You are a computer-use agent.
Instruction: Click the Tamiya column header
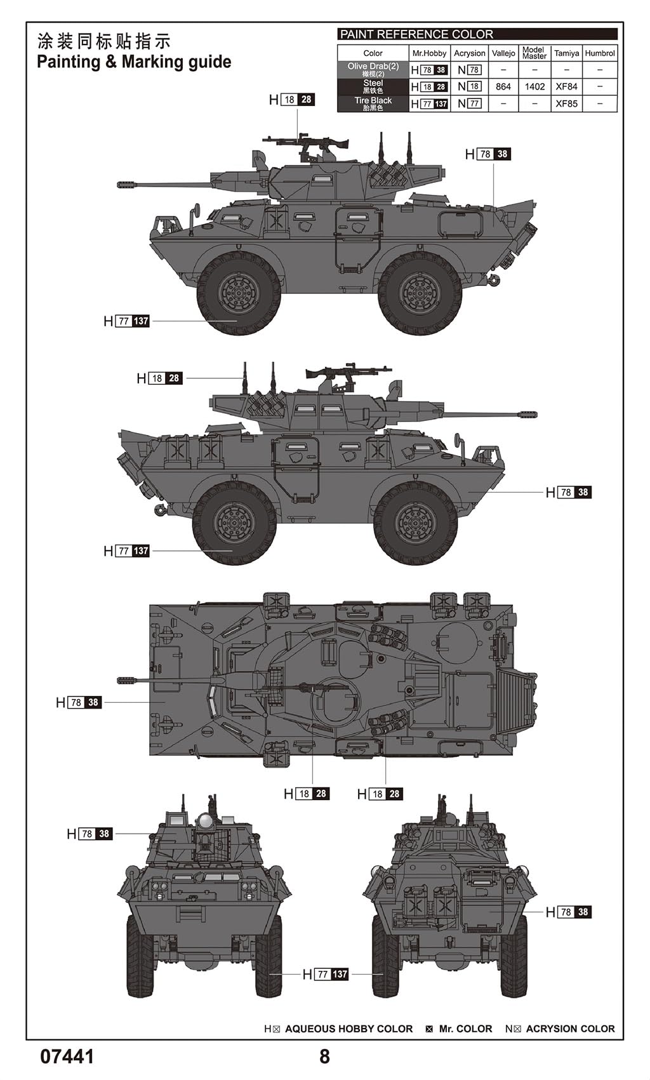pyautogui.click(x=566, y=53)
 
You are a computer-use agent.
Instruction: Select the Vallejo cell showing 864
pyautogui.click(x=503, y=87)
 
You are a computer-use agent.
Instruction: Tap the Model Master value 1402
pyautogui.click(x=534, y=87)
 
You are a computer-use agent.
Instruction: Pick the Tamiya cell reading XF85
pyautogui.click(x=566, y=103)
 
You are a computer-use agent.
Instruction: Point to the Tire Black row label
pyautogui.click(x=373, y=103)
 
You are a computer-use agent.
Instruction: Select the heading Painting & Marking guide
pyautogui.click(x=134, y=62)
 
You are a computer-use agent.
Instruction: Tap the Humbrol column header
pyautogui.click(x=600, y=53)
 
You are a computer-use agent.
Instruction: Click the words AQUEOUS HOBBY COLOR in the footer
pyautogui.click(x=348, y=1029)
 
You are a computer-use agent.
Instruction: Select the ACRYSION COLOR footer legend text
pyautogui.click(x=570, y=1029)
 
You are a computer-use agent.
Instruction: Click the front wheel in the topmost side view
pyautogui.click(x=239, y=293)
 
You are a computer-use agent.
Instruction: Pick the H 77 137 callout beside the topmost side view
pyautogui.click(x=126, y=321)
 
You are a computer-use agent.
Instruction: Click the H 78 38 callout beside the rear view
pyautogui.click(x=568, y=912)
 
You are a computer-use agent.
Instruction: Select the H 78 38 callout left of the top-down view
pyautogui.click(x=79, y=702)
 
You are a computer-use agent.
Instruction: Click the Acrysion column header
pyautogui.click(x=470, y=53)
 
